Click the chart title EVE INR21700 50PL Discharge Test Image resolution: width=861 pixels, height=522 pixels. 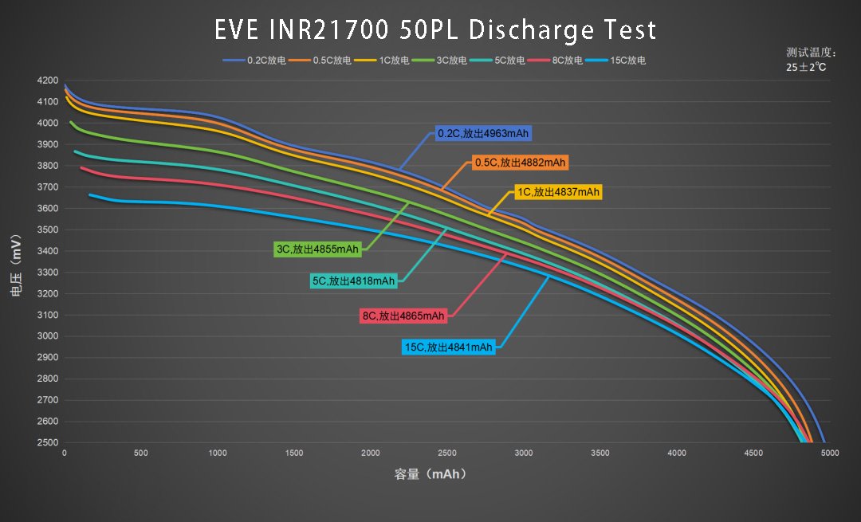pyautogui.click(x=435, y=29)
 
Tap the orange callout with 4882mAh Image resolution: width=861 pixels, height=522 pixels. pyautogui.click(x=519, y=163)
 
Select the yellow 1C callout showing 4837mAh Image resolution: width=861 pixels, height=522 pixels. pyautogui.click(x=555, y=192)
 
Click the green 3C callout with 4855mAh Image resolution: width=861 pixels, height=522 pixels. pyautogui.click(x=316, y=249)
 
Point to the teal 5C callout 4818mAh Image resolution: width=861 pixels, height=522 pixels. pyautogui.click(x=353, y=281)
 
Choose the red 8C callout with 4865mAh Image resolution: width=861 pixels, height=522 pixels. pyautogui.click(x=403, y=316)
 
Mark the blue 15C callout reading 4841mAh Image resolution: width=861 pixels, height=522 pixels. pyautogui.click(x=449, y=347)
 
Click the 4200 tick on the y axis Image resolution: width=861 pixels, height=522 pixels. pyautogui.click(x=47, y=80)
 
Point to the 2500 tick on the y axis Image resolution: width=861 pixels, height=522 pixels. pyautogui.click(x=47, y=443)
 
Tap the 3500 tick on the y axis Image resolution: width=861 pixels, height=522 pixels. pyautogui.click(x=47, y=230)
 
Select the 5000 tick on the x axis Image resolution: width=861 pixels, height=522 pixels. pyautogui.click(x=830, y=453)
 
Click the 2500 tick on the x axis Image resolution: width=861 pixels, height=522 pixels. pyautogui.click(x=447, y=453)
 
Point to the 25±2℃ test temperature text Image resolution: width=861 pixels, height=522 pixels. pyautogui.click(x=806, y=68)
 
